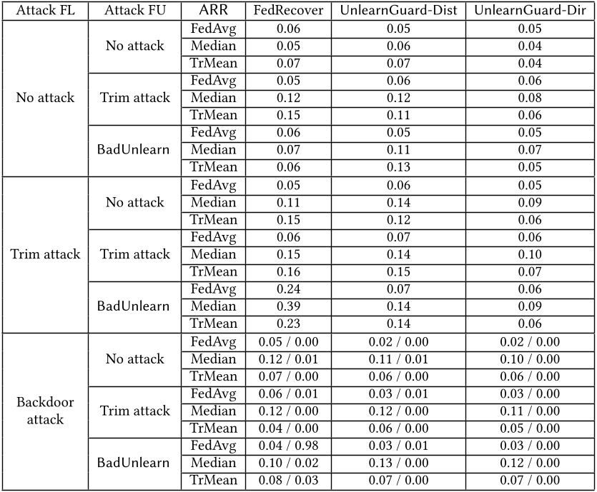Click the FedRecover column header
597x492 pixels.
(288, 11)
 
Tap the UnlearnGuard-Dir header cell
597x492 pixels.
(530, 11)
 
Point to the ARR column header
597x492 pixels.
(213, 11)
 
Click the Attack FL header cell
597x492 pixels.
(44, 11)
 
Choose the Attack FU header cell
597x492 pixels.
(134, 11)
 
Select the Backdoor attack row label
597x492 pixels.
(44, 411)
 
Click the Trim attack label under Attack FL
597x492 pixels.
(44, 254)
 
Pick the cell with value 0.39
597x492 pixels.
(288, 306)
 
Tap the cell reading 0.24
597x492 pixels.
(288, 289)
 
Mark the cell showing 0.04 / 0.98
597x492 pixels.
(288, 446)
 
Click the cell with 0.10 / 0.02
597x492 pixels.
(288, 463)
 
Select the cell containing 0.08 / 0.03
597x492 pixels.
(288, 481)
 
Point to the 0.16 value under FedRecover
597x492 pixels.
(288, 272)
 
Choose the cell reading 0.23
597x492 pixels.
(288, 324)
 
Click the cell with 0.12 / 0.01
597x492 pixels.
(288, 358)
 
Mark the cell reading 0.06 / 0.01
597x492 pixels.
(288, 393)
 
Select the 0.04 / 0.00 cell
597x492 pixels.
(288, 428)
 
